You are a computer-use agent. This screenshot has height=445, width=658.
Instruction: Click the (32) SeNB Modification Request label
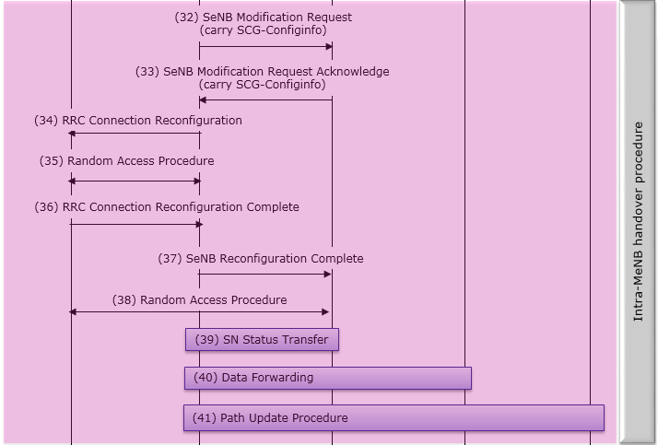click(x=264, y=18)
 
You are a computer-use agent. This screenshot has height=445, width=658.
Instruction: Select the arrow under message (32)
click(x=265, y=47)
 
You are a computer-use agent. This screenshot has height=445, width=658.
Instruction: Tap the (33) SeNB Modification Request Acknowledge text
click(x=263, y=72)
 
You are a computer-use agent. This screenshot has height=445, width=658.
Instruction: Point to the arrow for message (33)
click(x=265, y=100)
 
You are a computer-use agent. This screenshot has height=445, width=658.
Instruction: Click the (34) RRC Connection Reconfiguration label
click(x=138, y=121)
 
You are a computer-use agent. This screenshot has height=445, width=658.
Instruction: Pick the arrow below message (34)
click(x=135, y=134)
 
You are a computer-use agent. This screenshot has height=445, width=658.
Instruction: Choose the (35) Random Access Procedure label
click(x=127, y=161)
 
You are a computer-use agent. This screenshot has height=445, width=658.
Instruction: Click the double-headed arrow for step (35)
click(x=135, y=182)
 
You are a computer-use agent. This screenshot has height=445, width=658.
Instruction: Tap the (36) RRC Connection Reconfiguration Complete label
click(x=167, y=207)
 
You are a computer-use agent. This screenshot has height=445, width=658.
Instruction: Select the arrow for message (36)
click(x=136, y=225)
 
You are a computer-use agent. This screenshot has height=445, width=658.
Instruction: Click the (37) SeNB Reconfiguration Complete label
click(x=261, y=258)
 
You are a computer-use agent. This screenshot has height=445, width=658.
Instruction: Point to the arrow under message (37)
click(x=264, y=275)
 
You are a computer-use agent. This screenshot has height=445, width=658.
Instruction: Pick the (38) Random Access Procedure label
click(x=200, y=299)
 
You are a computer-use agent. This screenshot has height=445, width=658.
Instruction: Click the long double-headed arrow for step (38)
click(x=199, y=312)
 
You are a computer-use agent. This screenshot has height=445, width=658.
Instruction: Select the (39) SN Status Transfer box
click(x=262, y=339)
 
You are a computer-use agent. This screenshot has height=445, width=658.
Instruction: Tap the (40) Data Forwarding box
click(x=328, y=378)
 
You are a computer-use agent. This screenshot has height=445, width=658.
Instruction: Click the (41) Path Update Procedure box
click(x=394, y=417)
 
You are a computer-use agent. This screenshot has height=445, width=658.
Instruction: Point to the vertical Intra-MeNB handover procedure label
click(x=638, y=221)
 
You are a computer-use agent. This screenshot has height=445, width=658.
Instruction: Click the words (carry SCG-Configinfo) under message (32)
click(x=264, y=30)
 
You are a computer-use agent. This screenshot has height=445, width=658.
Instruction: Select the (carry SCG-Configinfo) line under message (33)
click(x=263, y=85)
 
